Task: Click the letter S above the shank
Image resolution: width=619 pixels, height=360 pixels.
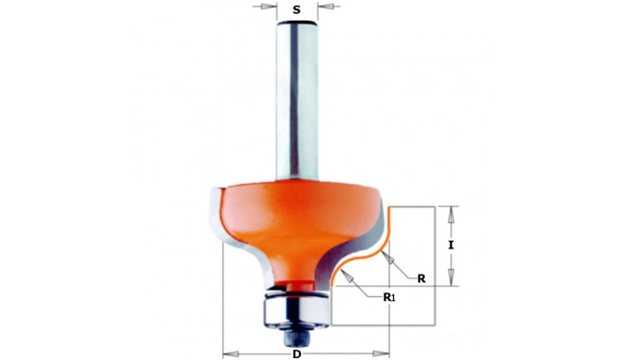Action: pos(297,10)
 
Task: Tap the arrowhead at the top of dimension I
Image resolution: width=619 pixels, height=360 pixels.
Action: pos(451,210)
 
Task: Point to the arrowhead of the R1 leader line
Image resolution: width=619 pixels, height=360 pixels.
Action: pos(345,274)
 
